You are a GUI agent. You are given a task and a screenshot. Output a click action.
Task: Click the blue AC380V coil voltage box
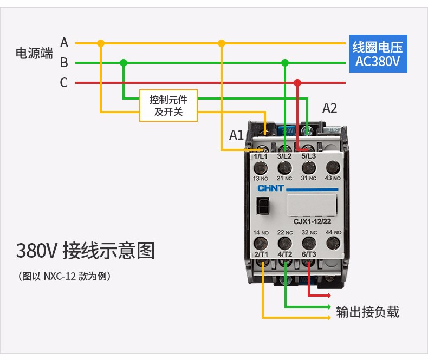pos(377,54)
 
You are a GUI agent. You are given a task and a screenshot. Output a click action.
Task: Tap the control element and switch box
pos(168,106)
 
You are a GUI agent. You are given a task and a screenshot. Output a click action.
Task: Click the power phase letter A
pos(64,43)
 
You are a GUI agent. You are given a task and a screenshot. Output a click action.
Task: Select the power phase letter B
pos(64,63)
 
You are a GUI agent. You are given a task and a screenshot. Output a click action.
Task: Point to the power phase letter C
pos(64,83)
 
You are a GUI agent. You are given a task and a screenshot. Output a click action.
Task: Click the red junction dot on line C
pos(297,83)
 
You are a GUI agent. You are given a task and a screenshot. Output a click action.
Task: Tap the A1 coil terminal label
pos(236,135)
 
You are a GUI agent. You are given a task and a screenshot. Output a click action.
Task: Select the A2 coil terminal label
pos(329,108)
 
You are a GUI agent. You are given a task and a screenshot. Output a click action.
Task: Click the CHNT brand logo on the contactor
pos(270,188)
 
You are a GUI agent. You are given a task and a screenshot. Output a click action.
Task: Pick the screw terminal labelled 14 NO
pos(261,241)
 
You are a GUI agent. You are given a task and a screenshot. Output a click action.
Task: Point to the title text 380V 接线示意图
pos(85,251)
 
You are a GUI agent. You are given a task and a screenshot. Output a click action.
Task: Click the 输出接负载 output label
pos(367,312)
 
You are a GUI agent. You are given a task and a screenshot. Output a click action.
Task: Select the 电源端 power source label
pos(34,53)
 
